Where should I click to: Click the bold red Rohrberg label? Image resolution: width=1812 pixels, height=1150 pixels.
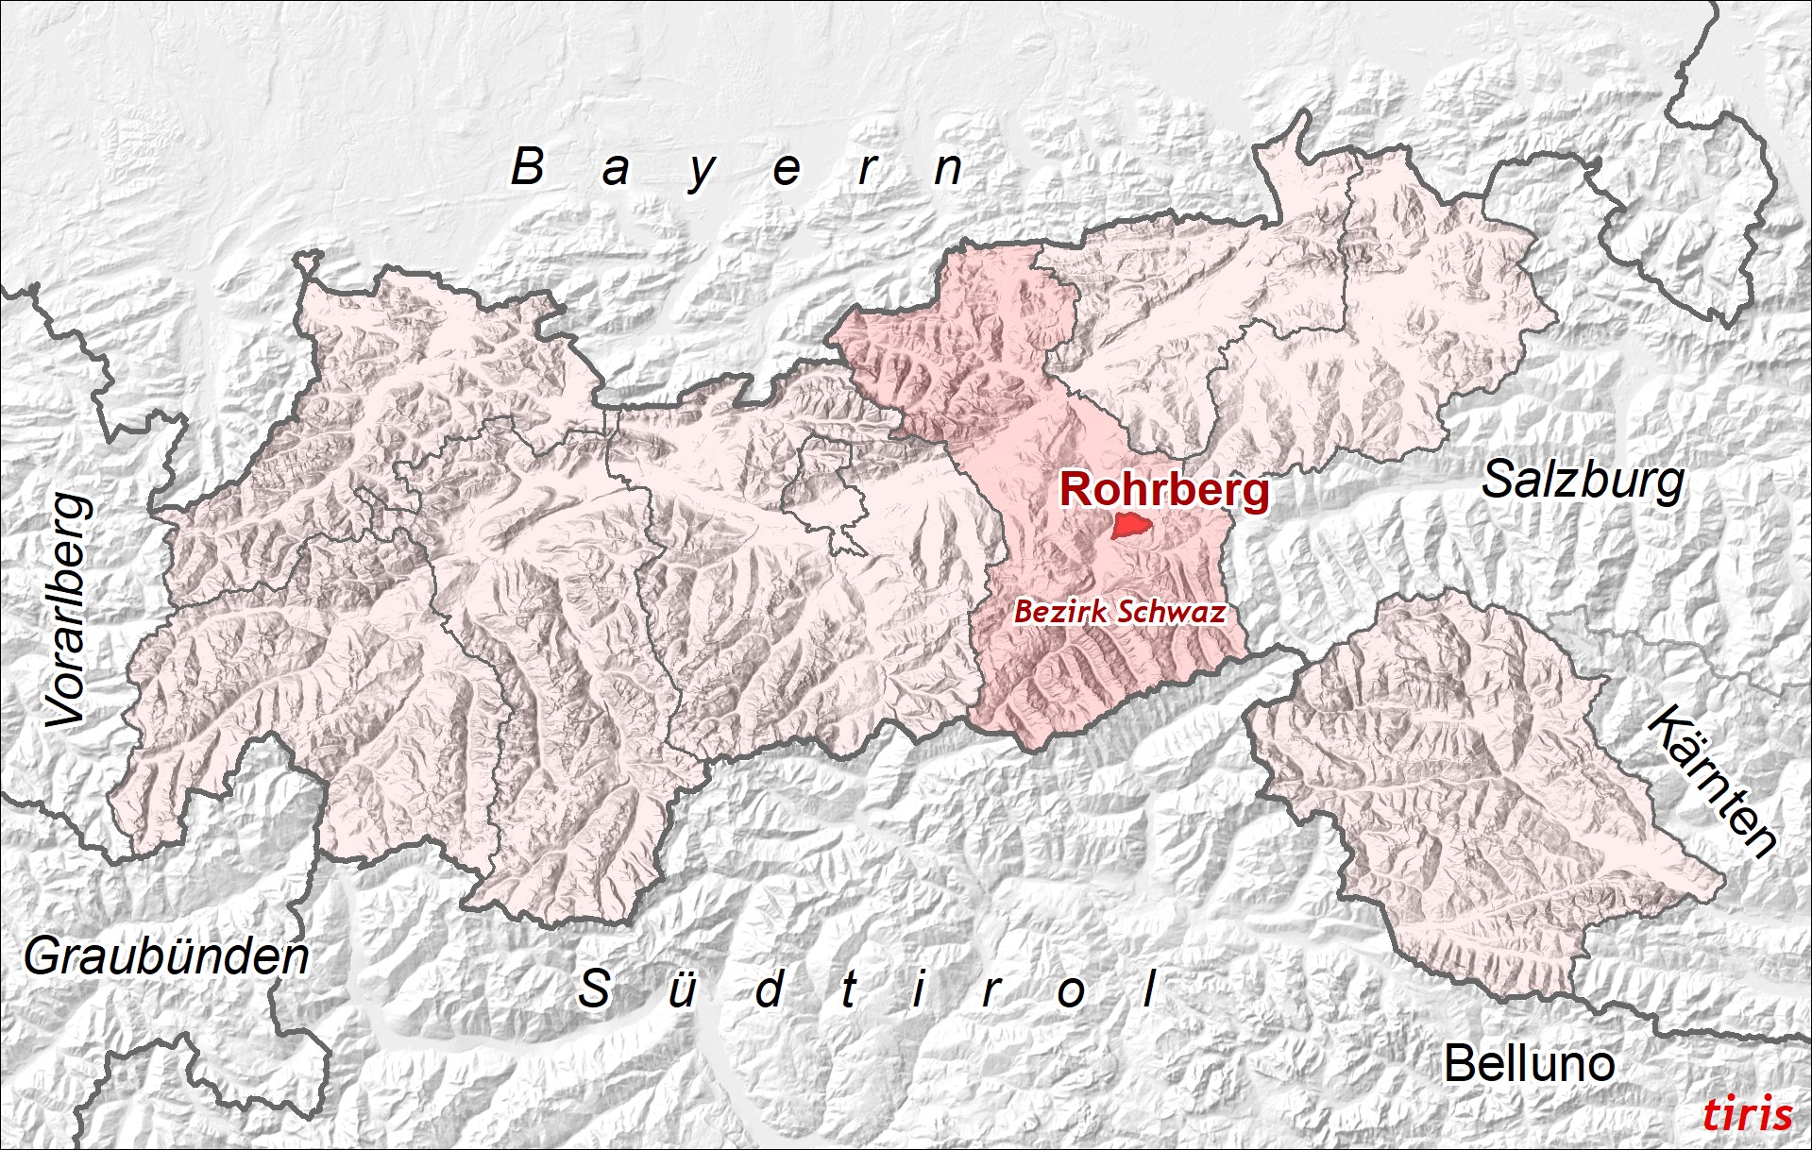tap(1164, 490)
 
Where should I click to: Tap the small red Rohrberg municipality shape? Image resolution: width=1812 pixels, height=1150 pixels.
tap(1130, 526)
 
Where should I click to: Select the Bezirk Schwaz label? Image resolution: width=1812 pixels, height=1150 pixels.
tap(1120, 612)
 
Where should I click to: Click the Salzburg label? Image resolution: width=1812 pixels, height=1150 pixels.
tap(1583, 482)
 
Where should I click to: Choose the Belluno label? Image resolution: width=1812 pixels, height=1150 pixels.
tap(1529, 1064)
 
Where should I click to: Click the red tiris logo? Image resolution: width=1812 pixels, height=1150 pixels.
tap(1747, 1114)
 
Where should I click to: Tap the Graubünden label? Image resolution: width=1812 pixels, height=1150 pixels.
tap(166, 957)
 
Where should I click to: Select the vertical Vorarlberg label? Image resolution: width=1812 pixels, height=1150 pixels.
tap(69, 611)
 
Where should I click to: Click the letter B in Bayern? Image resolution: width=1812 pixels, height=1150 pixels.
tap(528, 167)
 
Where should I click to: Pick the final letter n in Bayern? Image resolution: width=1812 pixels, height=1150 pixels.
tap(947, 169)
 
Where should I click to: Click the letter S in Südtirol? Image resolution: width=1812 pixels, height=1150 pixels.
tap(594, 989)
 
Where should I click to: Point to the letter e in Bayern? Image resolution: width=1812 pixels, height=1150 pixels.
tap(787, 170)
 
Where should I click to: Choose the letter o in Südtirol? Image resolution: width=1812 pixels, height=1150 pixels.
tap(1071, 992)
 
